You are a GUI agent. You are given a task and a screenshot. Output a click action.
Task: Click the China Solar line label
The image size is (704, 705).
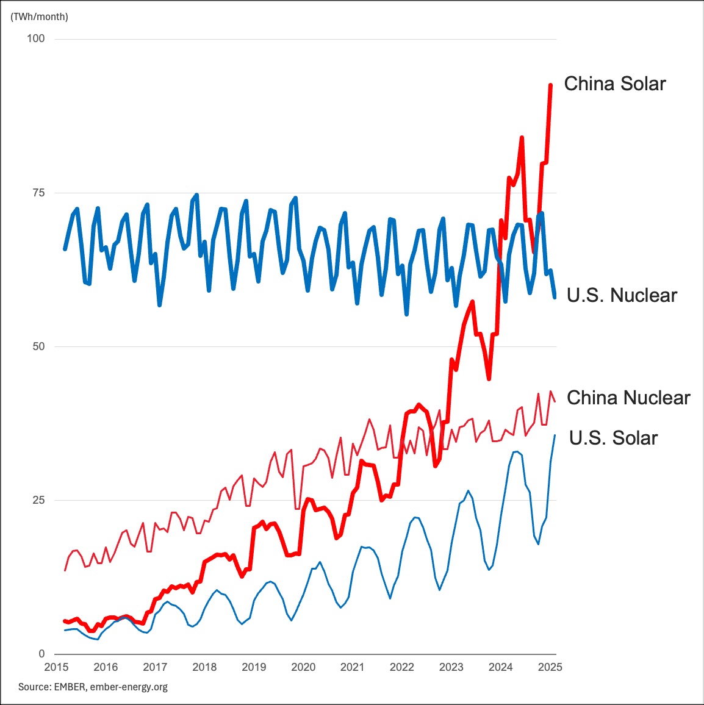point(614,84)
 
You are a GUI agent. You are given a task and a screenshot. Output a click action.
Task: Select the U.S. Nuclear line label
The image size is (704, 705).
point(622,295)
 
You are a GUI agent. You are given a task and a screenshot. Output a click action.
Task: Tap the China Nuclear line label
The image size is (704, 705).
point(628,398)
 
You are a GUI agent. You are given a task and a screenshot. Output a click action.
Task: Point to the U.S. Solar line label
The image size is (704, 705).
point(613,438)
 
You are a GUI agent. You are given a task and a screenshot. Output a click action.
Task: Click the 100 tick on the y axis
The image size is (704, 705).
point(36,38)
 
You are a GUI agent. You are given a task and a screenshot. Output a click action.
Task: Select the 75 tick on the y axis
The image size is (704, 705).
point(38,193)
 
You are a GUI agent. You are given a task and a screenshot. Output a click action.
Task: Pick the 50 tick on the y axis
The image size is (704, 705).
point(38,346)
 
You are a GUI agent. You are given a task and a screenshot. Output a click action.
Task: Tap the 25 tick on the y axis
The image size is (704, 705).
point(38,500)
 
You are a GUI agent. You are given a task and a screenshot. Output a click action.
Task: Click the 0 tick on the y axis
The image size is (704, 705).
point(41,654)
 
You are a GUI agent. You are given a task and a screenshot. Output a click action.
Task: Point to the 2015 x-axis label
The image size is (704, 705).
point(56,667)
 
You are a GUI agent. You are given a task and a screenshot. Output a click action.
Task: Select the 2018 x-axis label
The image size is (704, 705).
point(204,667)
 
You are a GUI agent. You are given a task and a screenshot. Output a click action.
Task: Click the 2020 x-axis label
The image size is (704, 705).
point(303,667)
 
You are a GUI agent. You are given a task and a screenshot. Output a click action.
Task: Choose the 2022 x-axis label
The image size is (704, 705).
point(402,667)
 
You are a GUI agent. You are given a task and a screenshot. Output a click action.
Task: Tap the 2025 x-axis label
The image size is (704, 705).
point(550,667)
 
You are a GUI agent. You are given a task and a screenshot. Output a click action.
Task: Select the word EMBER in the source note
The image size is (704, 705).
point(70,687)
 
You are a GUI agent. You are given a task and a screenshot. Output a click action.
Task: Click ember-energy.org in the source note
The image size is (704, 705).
point(129,687)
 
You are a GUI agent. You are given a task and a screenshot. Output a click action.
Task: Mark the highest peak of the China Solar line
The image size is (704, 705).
point(551,85)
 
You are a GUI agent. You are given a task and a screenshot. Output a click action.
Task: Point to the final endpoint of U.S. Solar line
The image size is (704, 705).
point(555,435)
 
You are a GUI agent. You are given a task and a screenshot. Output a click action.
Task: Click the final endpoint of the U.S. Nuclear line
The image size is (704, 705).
point(555,297)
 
